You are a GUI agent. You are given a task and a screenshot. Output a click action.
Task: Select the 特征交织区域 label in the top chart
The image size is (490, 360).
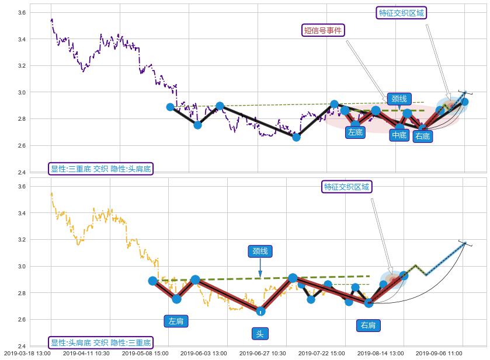pyautogui.click(x=402, y=13)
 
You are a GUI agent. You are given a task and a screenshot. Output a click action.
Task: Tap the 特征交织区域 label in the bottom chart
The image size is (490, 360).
pyautogui.click(x=347, y=187)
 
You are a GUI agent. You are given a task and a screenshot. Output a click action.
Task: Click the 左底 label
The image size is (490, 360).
pyautogui.click(x=355, y=132)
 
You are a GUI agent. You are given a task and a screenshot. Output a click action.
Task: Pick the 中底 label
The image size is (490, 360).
pyautogui.click(x=399, y=135)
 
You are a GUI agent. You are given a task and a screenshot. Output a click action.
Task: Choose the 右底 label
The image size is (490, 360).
pyautogui.click(x=422, y=137)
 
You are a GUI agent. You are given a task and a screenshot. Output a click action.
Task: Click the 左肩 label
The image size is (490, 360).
pyautogui.click(x=176, y=321)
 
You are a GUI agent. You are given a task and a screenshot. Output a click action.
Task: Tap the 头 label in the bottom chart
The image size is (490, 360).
pyautogui.click(x=260, y=334)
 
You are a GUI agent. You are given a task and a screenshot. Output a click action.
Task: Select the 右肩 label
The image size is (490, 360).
pyautogui.click(x=368, y=325)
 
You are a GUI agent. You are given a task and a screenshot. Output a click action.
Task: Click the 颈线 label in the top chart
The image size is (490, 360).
pyautogui.click(x=400, y=99)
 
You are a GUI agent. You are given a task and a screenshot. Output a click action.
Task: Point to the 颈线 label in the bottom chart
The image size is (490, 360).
pyautogui.click(x=260, y=251)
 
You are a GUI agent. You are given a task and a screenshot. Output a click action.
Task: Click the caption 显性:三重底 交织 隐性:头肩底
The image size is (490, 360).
pyautogui.click(x=100, y=169)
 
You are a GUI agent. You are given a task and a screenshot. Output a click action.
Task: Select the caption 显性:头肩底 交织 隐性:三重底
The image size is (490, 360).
pyautogui.click(x=100, y=343)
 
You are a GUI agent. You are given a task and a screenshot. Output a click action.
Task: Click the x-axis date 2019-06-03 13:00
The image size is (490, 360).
pyautogui.click(x=203, y=354)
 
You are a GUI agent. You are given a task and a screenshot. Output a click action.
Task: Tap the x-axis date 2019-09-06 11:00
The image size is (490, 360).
pyautogui.click(x=439, y=354)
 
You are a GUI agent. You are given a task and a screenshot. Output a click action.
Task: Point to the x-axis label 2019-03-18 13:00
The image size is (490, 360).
pyautogui.click(x=27, y=354)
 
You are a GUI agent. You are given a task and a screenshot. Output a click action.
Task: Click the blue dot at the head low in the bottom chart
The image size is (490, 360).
pyautogui.click(x=260, y=311)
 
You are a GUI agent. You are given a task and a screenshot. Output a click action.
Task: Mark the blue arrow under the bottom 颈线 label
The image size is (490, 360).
pyautogui.click(x=260, y=271)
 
